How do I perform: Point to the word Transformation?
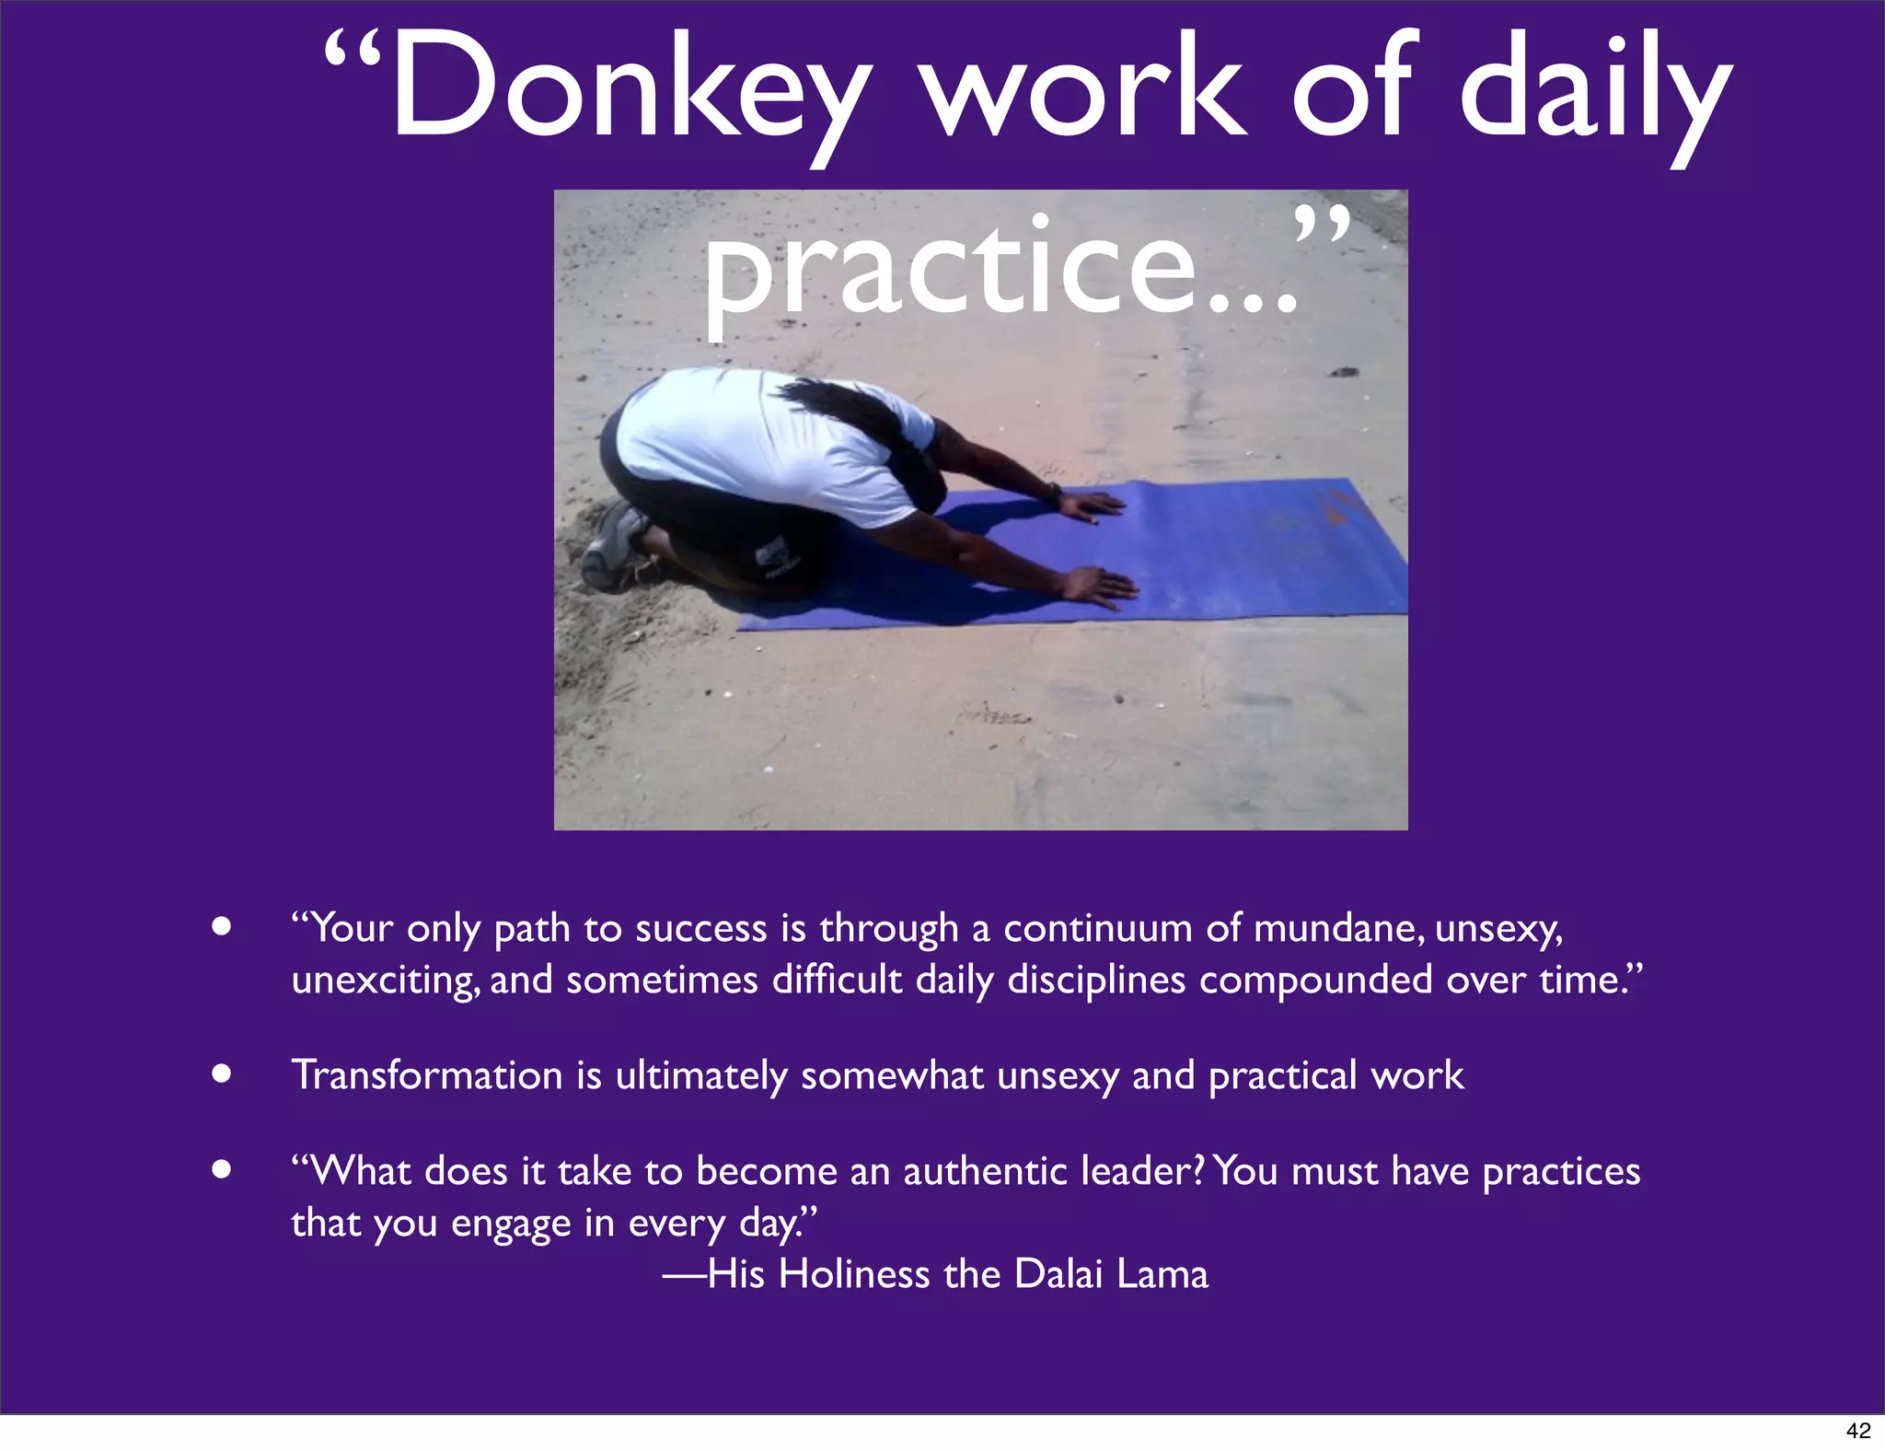point(427,1075)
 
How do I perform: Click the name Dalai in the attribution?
point(1058,1274)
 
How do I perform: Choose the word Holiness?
point(854,1274)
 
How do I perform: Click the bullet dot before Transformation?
point(220,1074)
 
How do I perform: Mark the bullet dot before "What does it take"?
point(220,1169)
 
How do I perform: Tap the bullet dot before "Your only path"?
point(220,926)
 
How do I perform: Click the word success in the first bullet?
point(700,928)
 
